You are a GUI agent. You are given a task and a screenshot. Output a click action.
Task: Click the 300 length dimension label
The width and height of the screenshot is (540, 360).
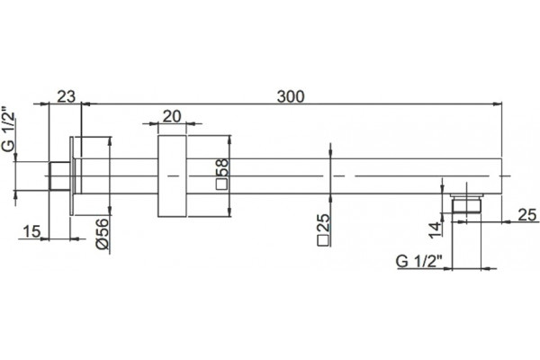[x=291, y=97]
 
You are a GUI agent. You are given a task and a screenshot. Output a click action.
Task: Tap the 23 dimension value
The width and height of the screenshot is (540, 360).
[x=66, y=96]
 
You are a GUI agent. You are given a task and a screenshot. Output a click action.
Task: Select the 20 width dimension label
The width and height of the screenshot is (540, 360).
[x=172, y=117]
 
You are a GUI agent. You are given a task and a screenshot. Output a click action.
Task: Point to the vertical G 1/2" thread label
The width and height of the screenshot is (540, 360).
[x=9, y=129]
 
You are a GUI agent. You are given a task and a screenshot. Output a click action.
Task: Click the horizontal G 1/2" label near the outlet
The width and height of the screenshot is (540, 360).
[x=418, y=262]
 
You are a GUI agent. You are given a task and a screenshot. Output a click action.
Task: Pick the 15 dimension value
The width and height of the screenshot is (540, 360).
[x=31, y=231]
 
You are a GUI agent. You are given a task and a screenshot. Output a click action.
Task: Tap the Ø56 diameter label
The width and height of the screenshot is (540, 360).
[x=103, y=234]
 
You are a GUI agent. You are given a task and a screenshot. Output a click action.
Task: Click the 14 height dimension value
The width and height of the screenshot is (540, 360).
[x=435, y=230]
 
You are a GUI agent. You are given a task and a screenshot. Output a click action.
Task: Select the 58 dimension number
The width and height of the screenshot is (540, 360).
[x=223, y=167]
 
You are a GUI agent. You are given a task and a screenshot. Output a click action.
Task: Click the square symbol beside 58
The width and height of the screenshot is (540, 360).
[x=221, y=184]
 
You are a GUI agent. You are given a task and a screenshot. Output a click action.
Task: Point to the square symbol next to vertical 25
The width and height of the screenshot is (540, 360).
[x=323, y=241]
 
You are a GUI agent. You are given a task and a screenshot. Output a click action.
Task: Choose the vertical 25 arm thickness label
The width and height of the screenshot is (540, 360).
[x=324, y=223]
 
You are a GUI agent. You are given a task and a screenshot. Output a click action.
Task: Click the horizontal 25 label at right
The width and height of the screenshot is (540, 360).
[x=527, y=215]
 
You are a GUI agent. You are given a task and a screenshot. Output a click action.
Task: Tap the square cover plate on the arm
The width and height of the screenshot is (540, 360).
[x=172, y=176]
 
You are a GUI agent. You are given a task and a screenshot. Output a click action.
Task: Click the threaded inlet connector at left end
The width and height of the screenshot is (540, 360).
[x=60, y=176]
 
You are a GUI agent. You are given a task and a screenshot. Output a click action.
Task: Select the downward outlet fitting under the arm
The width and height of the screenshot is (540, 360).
[x=466, y=203]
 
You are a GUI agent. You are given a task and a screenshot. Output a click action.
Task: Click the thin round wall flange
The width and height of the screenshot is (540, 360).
[x=72, y=176]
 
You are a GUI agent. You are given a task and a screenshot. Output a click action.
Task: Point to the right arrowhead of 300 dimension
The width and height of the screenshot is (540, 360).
[x=498, y=103]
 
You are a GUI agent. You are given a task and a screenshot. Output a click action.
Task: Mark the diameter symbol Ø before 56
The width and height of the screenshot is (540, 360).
[x=103, y=243]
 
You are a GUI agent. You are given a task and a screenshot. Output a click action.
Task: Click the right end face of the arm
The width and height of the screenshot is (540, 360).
[x=502, y=176]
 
